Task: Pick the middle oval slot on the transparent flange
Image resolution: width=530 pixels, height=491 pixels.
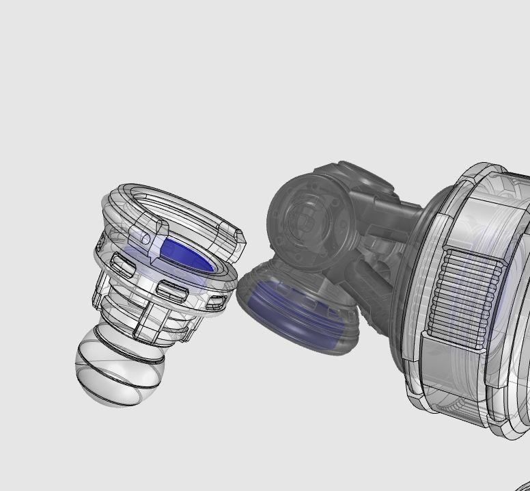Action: coord(172,290)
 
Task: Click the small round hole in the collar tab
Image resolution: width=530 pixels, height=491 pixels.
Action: coord(145,238)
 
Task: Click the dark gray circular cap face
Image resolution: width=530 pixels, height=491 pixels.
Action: coord(303,215)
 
